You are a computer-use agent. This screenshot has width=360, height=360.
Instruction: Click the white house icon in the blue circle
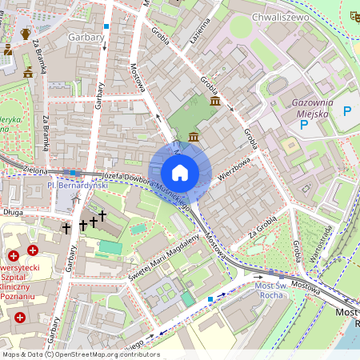[180, 173]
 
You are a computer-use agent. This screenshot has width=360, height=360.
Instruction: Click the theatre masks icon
[354, 15]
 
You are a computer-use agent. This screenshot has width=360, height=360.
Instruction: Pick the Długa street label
[14, 212]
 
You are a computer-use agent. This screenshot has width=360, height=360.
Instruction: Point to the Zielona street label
[35, 170]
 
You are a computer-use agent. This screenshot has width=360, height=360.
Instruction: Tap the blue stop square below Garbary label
[106, 26]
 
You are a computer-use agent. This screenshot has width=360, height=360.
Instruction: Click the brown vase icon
[25, 34]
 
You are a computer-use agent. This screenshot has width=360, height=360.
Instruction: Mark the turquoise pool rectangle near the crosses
[111, 247]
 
